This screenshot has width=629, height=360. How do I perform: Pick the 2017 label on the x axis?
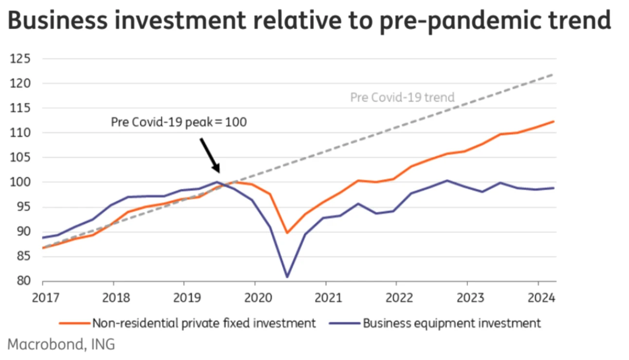click(43, 297)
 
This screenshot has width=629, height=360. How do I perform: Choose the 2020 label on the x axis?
click(255, 297)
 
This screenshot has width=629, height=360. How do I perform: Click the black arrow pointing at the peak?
click(210, 155)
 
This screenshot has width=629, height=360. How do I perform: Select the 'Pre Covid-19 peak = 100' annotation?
click(179, 122)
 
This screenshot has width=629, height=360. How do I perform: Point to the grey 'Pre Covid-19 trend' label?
click(402, 97)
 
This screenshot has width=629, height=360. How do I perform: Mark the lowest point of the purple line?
click(287, 277)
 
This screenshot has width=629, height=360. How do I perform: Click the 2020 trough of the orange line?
click(287, 233)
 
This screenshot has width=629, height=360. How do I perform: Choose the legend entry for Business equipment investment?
click(435, 323)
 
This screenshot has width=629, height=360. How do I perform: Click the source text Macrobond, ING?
click(62, 344)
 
